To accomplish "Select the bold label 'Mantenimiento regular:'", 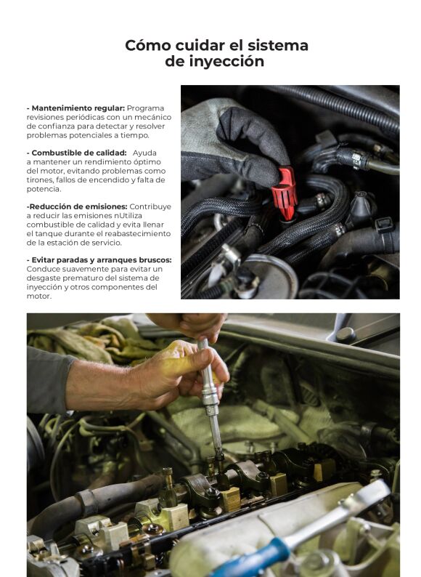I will [77, 108].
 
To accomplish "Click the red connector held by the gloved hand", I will [284, 193].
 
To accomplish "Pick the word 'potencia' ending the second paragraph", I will [43, 189].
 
